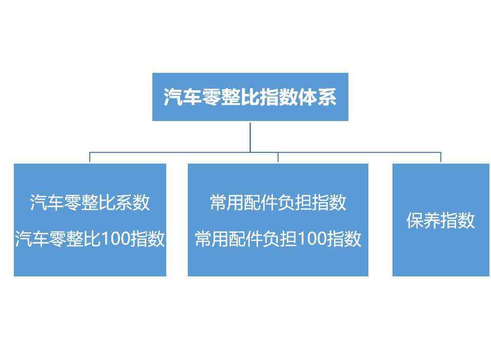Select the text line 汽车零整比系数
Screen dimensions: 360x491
click(x=90, y=203)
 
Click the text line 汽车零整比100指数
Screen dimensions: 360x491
click(x=90, y=239)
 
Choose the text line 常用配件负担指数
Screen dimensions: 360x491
click(x=278, y=203)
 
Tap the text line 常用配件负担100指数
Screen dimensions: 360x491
click(x=278, y=239)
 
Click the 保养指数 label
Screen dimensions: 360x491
click(x=441, y=221)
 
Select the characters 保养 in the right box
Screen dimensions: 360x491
click(x=423, y=221)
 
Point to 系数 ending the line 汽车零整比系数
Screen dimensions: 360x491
click(x=133, y=203)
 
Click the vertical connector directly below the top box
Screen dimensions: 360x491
click(x=250, y=137)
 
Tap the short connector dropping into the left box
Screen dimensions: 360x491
click(x=90, y=157)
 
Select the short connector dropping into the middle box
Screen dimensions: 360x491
click(x=278, y=157)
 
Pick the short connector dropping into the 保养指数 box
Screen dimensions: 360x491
click(x=441, y=157)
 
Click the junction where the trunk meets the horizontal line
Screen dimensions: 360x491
click(x=250, y=152)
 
